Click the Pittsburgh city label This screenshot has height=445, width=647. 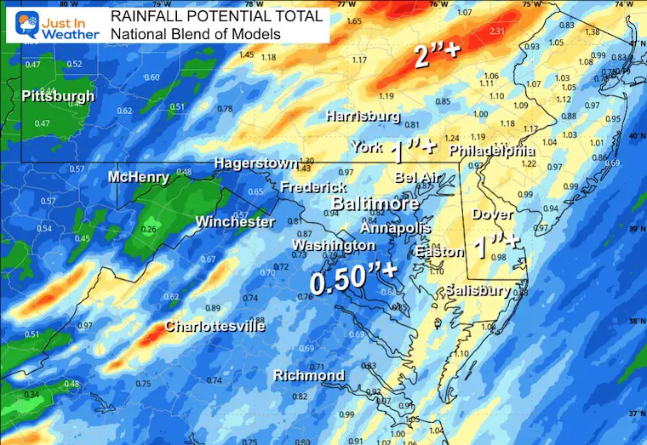coord(59,96)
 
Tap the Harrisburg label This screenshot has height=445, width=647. coord(363,116)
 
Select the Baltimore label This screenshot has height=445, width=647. coord(375,204)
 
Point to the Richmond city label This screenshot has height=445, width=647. coord(309,375)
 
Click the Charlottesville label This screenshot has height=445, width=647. coord(215,326)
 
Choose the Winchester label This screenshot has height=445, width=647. coord(235,222)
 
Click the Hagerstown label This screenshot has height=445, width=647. coord(255,163)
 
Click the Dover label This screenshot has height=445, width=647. coord(492,214)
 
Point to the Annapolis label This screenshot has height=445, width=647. coord(396,228)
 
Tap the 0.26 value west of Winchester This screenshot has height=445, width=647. coord(150,229)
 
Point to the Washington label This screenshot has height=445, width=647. coord(333,245)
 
